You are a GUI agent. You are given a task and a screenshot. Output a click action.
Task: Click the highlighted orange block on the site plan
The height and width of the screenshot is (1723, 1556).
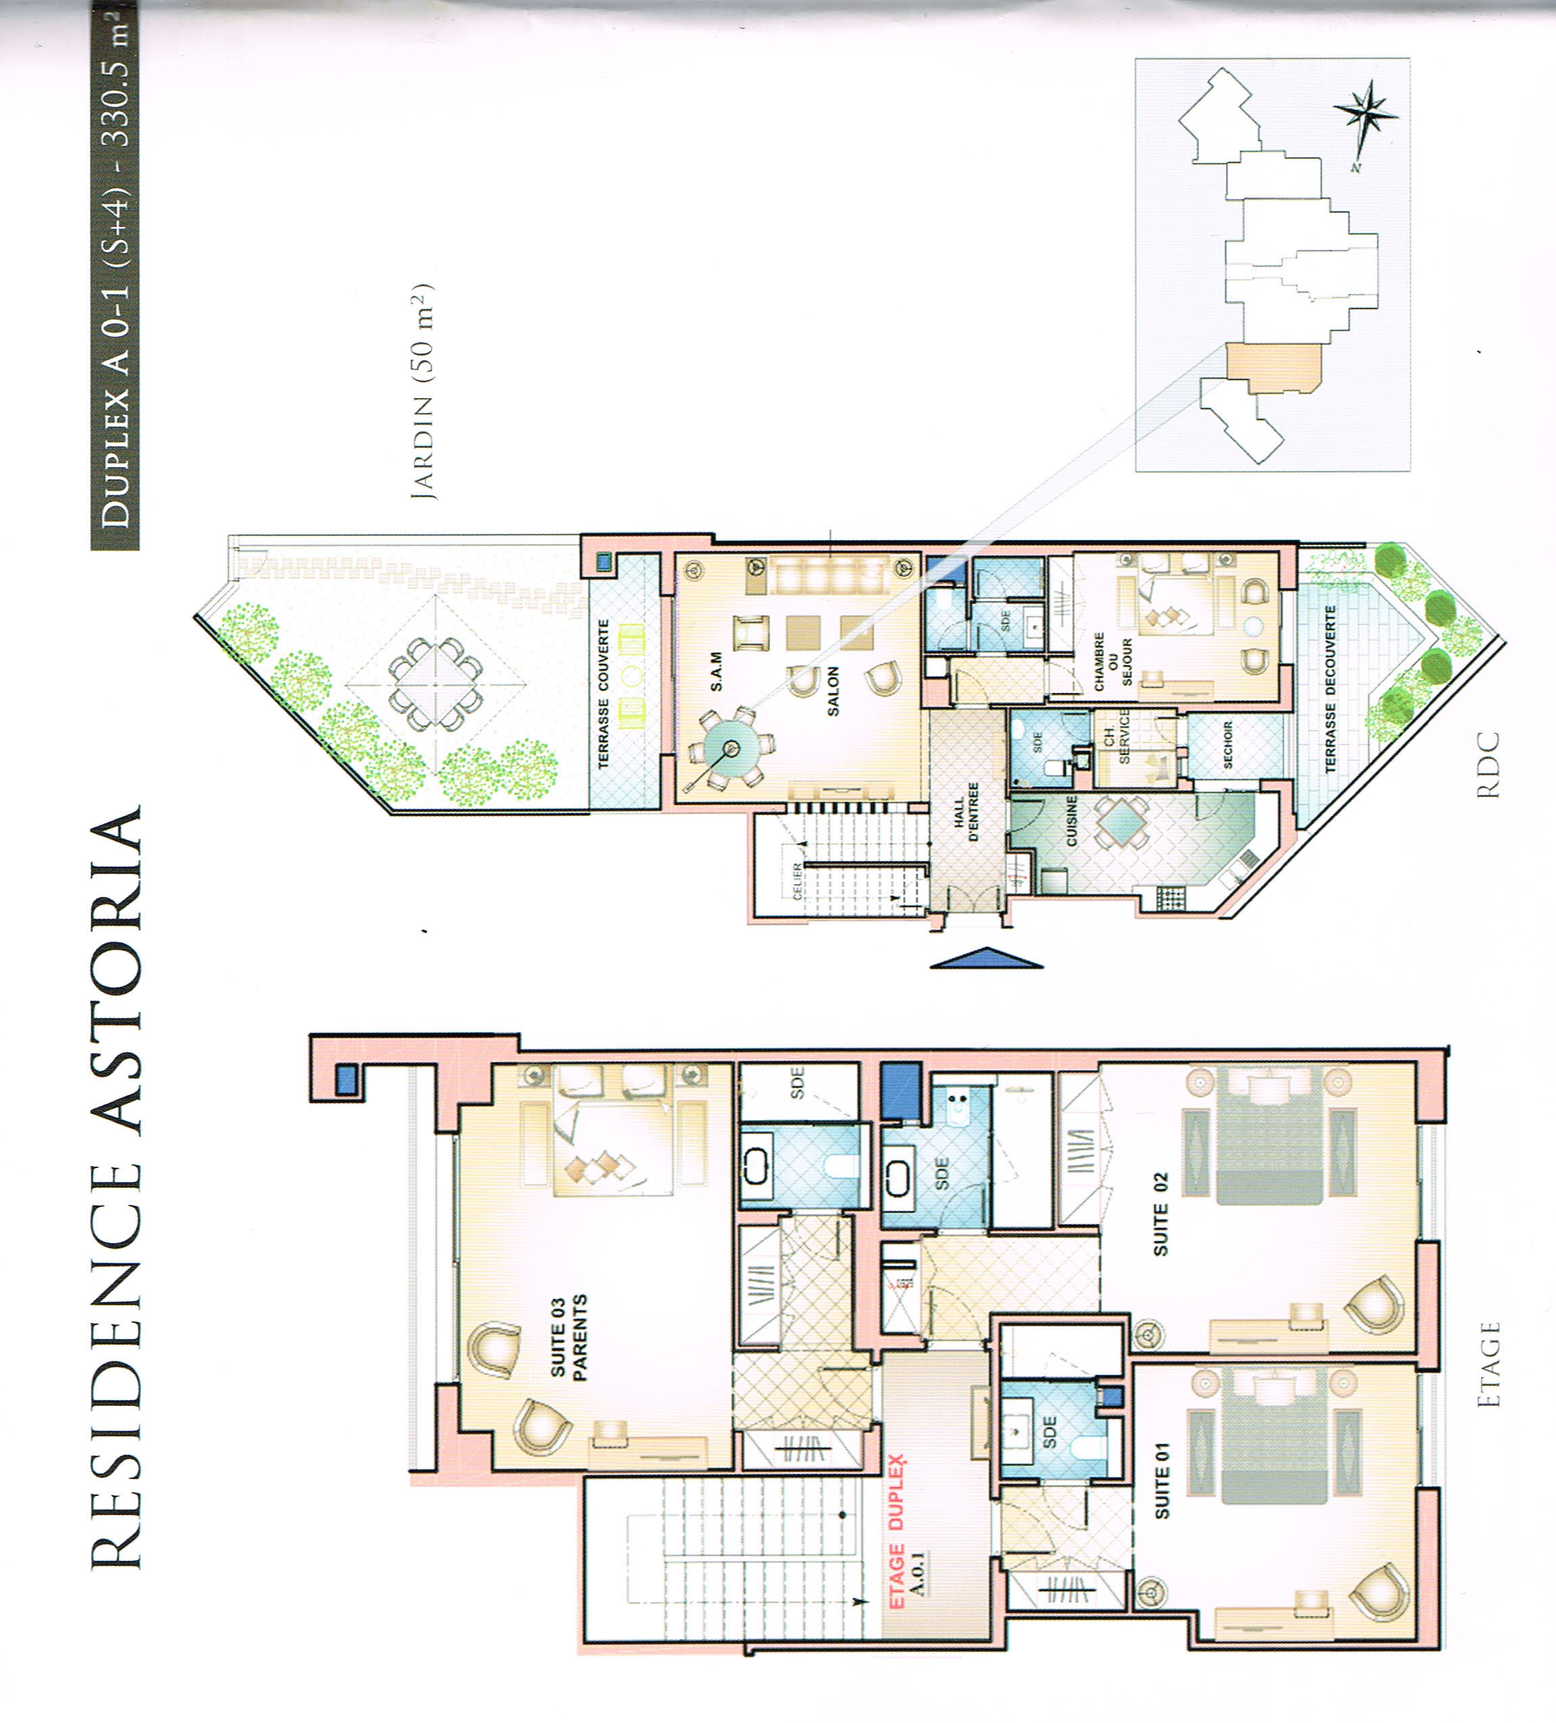click(1273, 368)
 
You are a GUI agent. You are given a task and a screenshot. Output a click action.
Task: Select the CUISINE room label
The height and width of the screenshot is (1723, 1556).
click(1071, 821)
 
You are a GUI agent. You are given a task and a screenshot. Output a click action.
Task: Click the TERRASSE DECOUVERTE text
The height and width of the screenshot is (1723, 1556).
click(1329, 689)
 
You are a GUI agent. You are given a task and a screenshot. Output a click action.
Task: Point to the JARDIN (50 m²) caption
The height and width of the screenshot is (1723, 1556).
click(423, 391)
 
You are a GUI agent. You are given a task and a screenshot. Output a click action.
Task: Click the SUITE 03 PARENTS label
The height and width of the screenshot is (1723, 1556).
click(569, 1338)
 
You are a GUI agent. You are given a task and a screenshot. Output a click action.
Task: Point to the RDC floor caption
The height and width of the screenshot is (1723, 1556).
click(1488, 765)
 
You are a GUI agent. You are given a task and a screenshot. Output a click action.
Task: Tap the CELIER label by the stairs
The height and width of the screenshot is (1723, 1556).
click(798, 879)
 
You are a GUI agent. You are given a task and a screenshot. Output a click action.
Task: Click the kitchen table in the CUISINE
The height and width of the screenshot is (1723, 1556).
click(1119, 821)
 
